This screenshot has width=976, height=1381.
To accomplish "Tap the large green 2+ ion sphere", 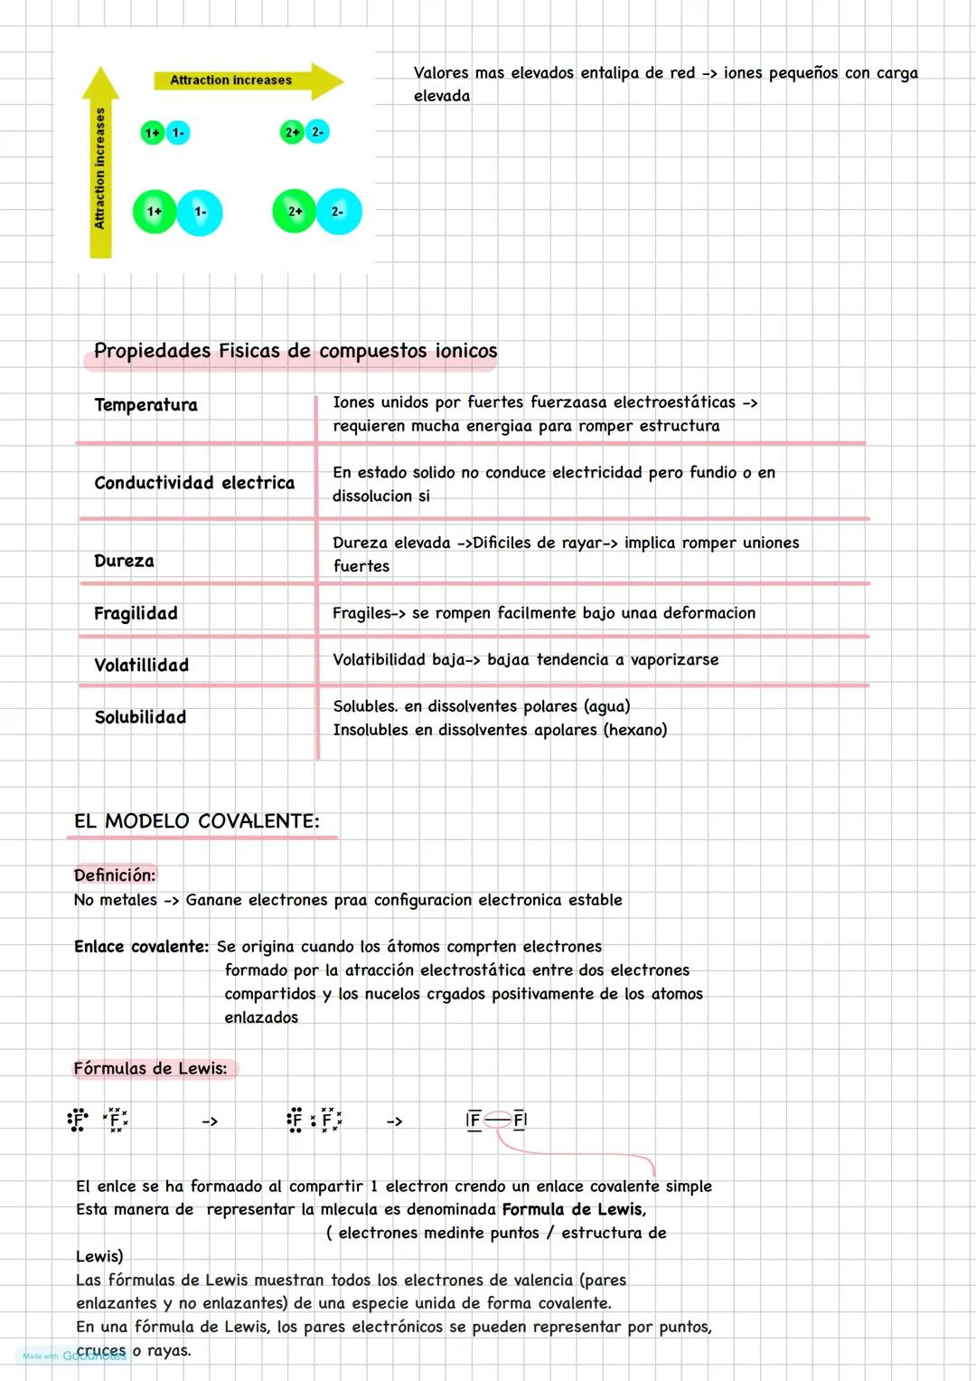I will (295, 212).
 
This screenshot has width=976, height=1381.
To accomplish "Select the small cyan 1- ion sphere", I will (178, 133).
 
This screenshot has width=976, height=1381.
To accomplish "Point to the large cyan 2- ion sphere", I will (339, 212).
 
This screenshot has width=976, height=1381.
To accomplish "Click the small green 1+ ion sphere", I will (152, 133).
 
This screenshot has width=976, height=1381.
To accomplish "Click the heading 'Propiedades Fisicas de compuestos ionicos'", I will (296, 351).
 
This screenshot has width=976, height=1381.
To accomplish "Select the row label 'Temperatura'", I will (145, 405).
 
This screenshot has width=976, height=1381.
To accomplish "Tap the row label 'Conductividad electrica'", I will (194, 483).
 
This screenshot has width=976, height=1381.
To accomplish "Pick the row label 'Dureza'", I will (124, 561).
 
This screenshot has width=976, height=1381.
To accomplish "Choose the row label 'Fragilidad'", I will (136, 613).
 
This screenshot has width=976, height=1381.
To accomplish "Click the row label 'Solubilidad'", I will (140, 717).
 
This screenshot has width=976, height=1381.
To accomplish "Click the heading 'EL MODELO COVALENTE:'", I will (197, 821).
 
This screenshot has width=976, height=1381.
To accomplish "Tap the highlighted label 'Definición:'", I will (115, 875).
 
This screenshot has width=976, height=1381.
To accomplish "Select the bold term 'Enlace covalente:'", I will (141, 947).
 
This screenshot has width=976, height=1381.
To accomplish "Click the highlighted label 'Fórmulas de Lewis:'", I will (151, 1069).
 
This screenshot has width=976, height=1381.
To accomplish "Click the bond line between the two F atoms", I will (497, 1121).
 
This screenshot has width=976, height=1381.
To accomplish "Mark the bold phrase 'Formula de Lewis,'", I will (574, 1210).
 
